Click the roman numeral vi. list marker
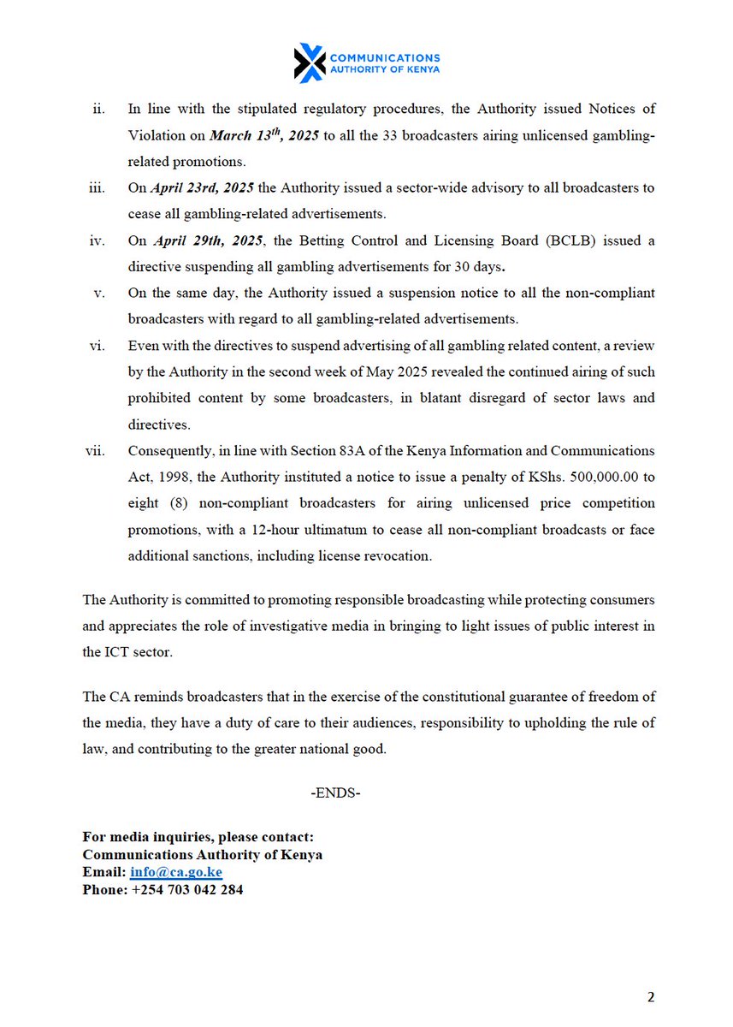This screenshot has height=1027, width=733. click(x=97, y=346)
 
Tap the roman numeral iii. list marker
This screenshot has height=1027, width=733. click(x=97, y=187)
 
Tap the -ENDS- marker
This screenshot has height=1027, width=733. click(x=335, y=793)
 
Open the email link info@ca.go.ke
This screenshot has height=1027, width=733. click(x=176, y=872)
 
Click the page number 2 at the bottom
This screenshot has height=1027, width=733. click(x=650, y=997)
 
